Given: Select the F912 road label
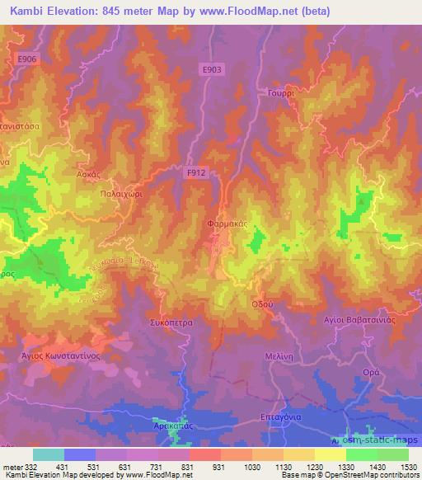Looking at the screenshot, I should (195, 172).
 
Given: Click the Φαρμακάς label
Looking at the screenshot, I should (222, 224).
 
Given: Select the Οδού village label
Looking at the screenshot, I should (261, 303).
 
